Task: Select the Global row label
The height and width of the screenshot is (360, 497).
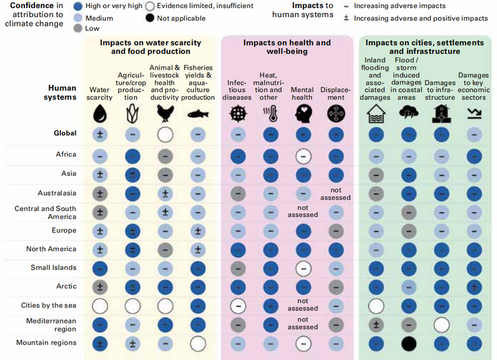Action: [65, 133]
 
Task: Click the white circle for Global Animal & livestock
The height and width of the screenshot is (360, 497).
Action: [165, 135]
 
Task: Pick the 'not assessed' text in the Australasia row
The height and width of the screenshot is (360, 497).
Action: [335, 194]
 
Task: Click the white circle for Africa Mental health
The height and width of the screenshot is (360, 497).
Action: [303, 156]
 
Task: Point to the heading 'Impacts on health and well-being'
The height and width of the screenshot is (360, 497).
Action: [286, 47]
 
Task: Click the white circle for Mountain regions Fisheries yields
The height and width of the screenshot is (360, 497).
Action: [197, 343]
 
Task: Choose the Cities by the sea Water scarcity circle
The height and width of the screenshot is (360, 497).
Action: [101, 306]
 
